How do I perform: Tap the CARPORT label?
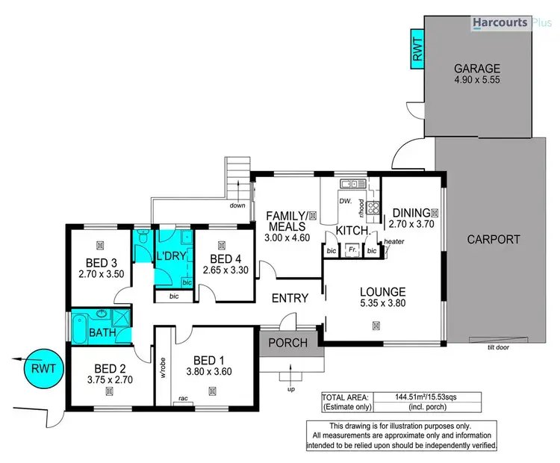[493, 240]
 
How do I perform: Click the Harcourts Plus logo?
[511, 24]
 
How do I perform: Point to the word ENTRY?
[290, 298]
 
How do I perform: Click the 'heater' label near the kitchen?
[394, 241]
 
